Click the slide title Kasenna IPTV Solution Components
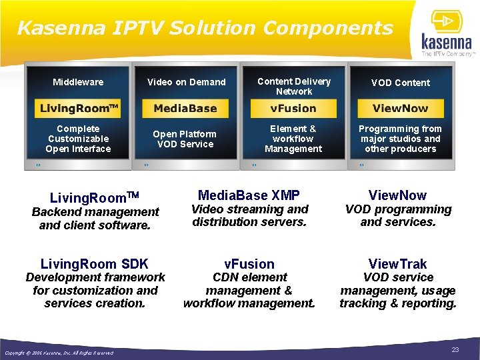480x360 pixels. click(205, 28)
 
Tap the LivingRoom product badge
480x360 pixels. click(79, 108)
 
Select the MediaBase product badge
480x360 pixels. click(185, 108)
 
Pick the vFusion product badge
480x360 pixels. click(293, 108)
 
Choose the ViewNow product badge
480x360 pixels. click(400, 108)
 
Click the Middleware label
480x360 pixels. click(79, 82)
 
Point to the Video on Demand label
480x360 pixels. click(187, 82)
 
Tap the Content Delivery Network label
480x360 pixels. click(294, 86)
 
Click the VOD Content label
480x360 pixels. click(401, 83)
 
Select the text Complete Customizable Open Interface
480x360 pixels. click(78, 139)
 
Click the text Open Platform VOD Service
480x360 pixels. click(185, 139)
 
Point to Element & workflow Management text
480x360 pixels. click(293, 139)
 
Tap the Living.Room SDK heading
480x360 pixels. click(95, 264)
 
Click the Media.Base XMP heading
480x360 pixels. click(249, 195)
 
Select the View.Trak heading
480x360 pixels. click(398, 264)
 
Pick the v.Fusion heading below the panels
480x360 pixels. click(249, 264)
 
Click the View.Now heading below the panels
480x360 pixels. click(398, 195)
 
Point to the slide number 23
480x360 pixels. click(456, 350)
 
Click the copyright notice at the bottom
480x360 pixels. click(59, 353)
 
